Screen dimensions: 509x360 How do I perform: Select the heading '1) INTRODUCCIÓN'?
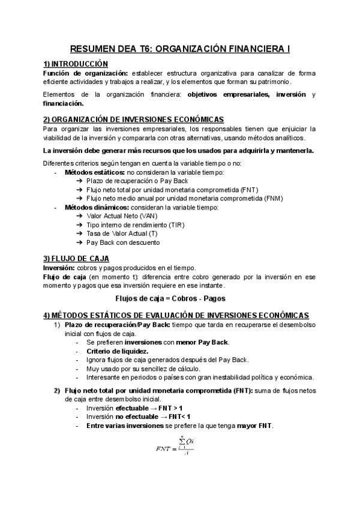pos(76,64)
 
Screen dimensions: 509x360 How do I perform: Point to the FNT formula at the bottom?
pos(178,447)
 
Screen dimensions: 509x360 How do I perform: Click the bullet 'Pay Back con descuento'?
pos(122,242)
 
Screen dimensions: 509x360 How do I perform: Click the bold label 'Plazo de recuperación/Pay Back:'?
pos(116,325)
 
